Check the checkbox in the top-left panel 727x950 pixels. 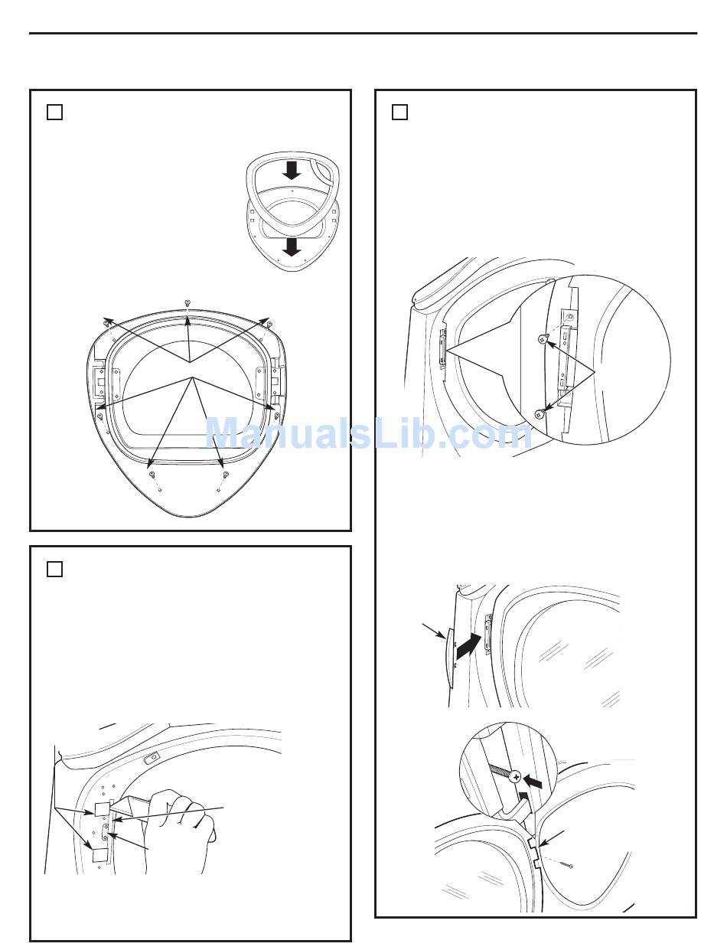54,113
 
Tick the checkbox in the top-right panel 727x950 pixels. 399,113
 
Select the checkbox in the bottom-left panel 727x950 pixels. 54,570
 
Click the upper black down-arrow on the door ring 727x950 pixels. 292,171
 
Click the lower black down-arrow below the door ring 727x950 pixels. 292,247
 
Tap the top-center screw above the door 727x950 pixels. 187,302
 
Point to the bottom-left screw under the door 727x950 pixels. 152,475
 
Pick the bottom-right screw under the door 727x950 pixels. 226,475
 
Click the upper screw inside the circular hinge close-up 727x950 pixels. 543,338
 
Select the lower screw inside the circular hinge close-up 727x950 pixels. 541,413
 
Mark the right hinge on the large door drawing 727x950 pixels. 276,377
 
